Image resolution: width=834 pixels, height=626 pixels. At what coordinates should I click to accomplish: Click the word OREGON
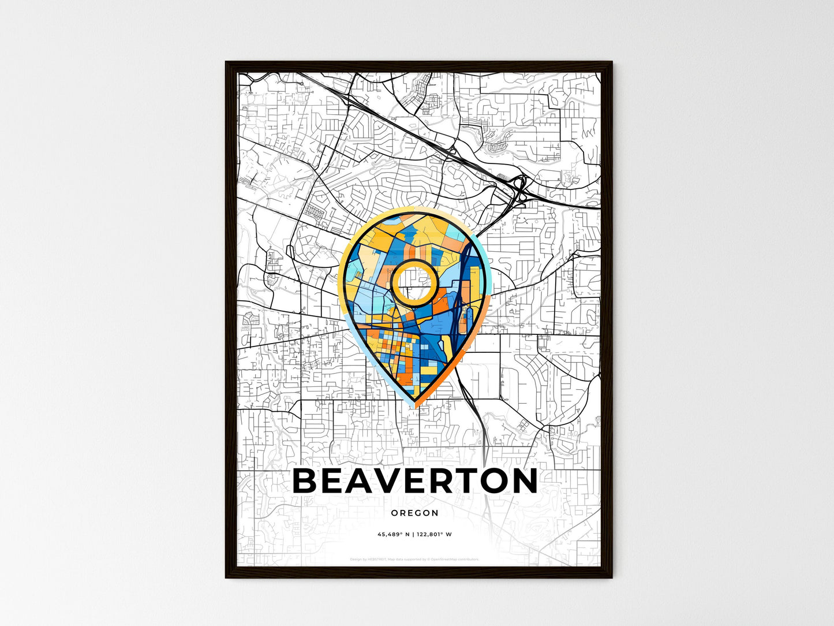point(414,513)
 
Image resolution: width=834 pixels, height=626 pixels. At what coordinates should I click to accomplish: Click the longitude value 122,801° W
point(435,534)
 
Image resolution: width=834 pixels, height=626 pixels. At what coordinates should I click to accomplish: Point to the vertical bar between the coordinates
point(414,534)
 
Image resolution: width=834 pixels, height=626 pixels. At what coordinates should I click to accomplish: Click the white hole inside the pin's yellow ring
point(414,281)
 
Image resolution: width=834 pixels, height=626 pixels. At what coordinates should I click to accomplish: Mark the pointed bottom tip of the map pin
point(414,406)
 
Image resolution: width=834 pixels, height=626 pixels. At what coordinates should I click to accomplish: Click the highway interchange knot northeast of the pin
point(520,188)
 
